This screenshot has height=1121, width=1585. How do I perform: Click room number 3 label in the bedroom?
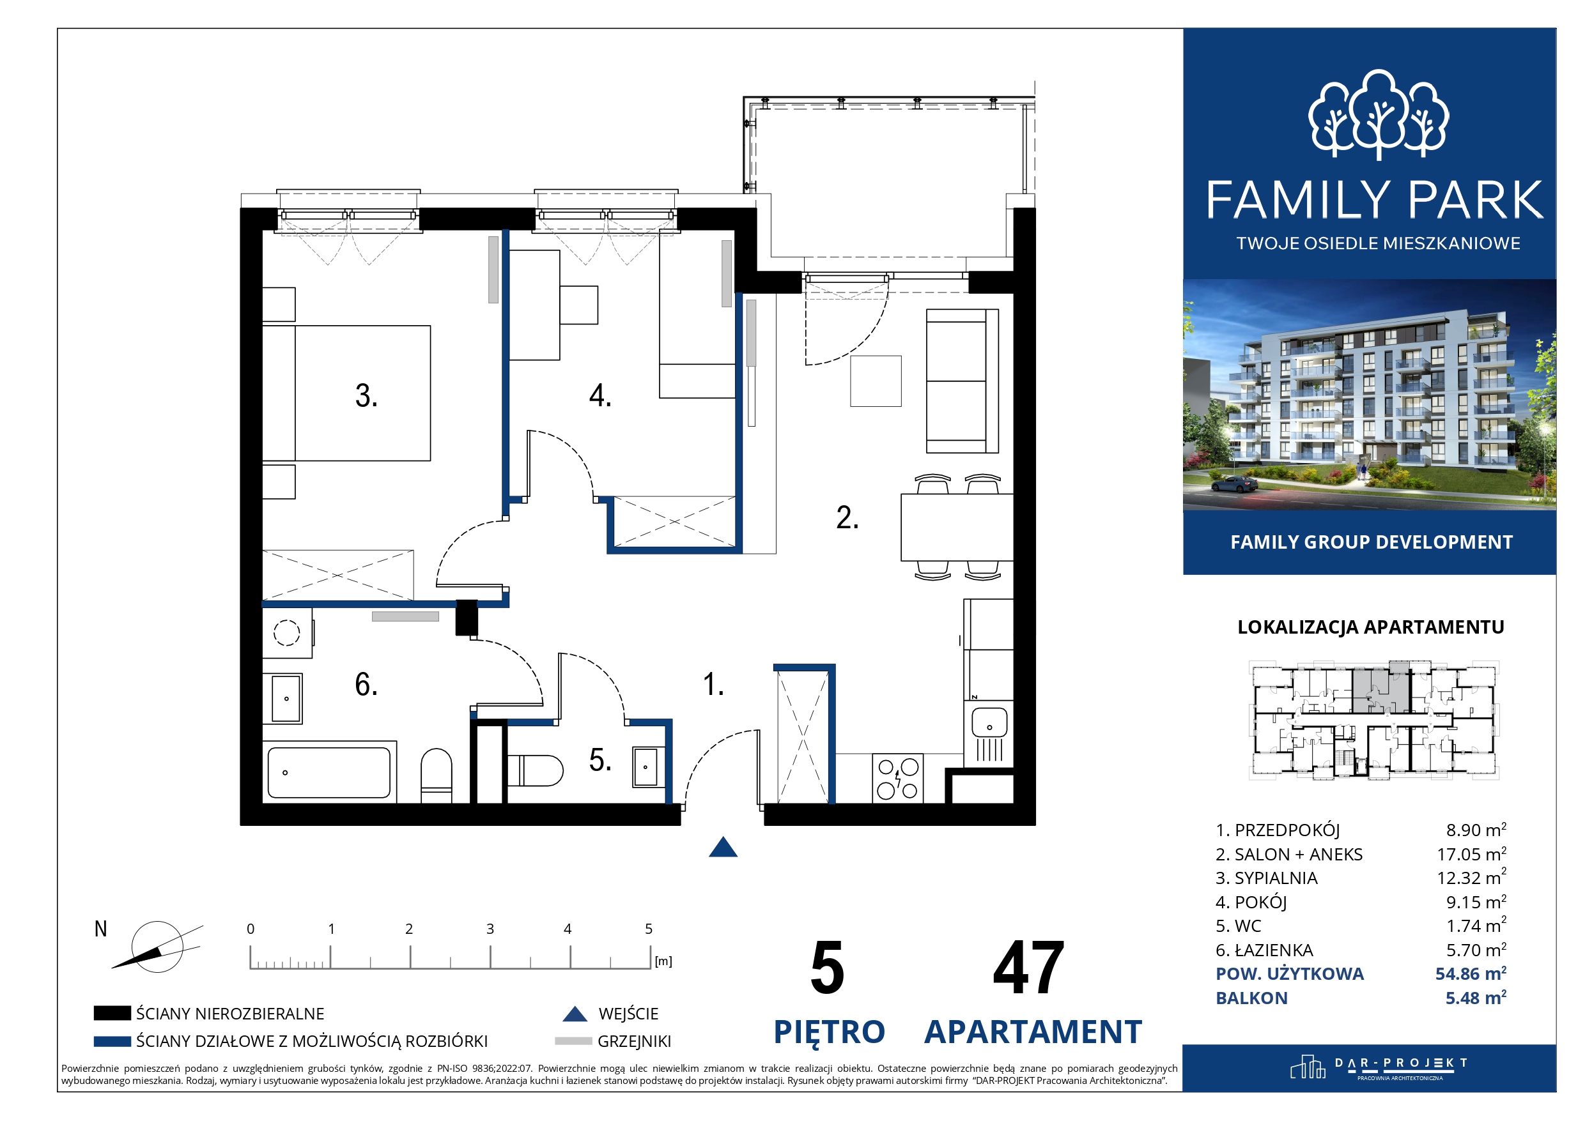click(366, 395)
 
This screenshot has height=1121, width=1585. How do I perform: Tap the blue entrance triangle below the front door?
click(723, 848)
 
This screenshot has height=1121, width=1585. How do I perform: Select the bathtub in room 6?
click(329, 773)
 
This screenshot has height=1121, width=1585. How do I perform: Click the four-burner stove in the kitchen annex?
click(898, 778)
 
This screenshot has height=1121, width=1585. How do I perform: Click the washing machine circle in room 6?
click(286, 632)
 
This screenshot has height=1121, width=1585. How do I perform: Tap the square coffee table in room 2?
click(876, 381)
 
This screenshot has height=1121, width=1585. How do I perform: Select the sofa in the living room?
click(962, 381)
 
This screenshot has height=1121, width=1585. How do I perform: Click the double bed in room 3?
click(346, 393)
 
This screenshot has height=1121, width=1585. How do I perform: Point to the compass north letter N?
click(101, 929)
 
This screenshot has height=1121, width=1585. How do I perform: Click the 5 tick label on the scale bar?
click(649, 929)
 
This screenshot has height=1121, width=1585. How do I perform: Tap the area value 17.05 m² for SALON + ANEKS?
click(1471, 854)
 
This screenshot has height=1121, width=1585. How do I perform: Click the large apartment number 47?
click(1028, 968)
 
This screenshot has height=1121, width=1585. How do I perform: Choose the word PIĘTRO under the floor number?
click(830, 1033)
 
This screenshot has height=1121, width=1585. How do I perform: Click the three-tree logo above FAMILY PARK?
click(1379, 114)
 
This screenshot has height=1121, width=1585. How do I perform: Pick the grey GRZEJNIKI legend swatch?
click(573, 1041)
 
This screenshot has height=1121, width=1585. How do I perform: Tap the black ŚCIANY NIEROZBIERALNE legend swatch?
click(112, 1013)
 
